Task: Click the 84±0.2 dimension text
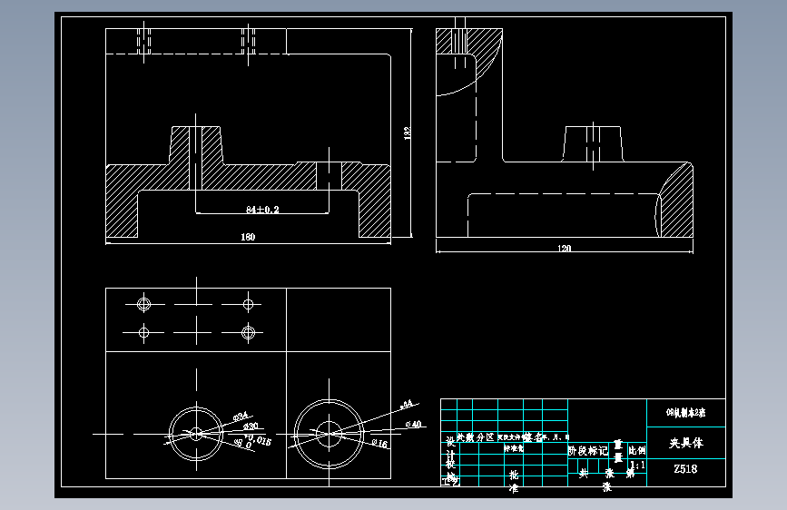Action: click(262, 210)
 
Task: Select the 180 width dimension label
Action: click(248, 237)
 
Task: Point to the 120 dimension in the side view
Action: click(564, 248)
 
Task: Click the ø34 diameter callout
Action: click(241, 416)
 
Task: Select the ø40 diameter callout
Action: click(414, 424)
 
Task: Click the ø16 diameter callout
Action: click(379, 443)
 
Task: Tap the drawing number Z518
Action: click(685, 469)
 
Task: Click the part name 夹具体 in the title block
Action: click(685, 445)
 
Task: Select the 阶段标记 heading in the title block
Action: click(587, 449)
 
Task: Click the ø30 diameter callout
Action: click(251, 426)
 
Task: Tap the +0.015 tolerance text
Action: click(257, 439)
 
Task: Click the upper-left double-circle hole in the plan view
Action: click(143, 302)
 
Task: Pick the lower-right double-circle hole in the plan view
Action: click(248, 332)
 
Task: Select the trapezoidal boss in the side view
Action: click(594, 144)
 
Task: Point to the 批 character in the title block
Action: click(514, 475)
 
